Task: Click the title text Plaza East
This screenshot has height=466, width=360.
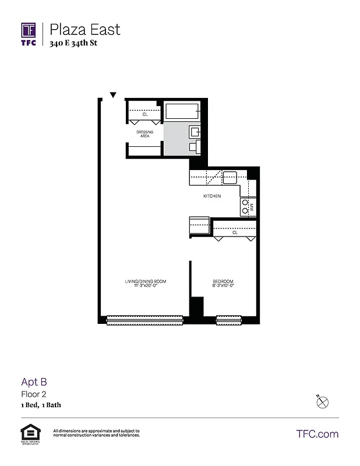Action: click(x=85, y=29)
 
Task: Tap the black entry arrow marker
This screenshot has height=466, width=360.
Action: click(x=114, y=95)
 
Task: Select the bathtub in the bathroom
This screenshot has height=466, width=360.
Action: click(x=182, y=111)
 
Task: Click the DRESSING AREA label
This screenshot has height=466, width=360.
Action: click(x=144, y=134)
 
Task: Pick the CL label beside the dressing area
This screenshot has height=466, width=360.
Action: click(x=144, y=114)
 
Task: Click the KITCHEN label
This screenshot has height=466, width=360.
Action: click(x=211, y=196)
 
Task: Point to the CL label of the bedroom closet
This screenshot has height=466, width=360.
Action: click(x=235, y=232)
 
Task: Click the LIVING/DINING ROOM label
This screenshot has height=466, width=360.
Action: click(x=146, y=282)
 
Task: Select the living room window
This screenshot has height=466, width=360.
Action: click(x=144, y=319)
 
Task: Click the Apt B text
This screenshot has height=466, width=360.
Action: click(x=34, y=382)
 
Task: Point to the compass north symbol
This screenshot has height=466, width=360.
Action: click(x=323, y=401)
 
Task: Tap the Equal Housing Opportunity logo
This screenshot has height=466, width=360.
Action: click(x=28, y=432)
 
